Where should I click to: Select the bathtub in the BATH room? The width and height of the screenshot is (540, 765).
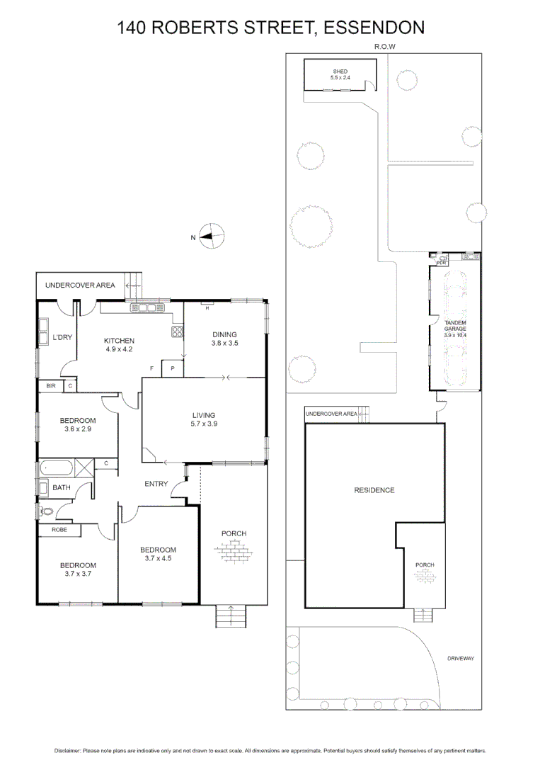coord(57,468)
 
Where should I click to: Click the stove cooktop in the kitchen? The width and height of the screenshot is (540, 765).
coord(177,330)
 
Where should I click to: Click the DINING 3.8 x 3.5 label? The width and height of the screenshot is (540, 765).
coord(224,339)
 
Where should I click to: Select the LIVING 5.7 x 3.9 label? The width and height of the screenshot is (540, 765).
coord(204,419)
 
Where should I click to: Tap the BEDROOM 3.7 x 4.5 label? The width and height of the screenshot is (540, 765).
coord(158,554)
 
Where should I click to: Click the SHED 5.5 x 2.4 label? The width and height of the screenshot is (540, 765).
coord(340,74)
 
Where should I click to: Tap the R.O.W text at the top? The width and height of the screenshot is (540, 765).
coord(384,47)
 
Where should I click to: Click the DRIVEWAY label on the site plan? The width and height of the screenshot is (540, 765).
coord(460,658)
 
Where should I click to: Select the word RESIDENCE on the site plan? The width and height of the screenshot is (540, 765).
coord(374,490)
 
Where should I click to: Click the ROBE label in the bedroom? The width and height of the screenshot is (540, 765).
coord(59,529)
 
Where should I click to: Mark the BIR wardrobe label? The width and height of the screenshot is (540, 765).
coord(51,385)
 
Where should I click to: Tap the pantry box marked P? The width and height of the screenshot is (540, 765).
coord(173,368)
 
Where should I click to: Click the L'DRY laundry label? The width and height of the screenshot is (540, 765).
coord(63,337)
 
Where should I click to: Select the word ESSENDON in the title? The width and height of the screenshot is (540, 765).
coord(375,28)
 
